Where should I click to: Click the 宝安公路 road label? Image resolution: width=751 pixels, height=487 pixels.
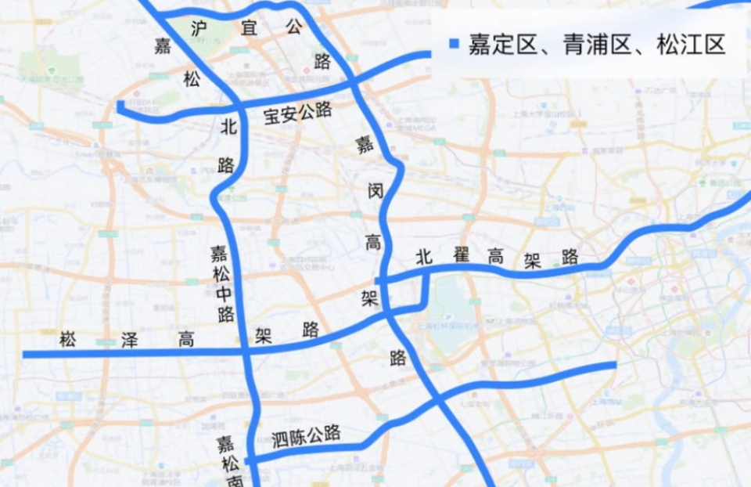tap(297, 114)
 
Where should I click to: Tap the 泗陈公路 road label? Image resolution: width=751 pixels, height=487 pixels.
tap(306, 435)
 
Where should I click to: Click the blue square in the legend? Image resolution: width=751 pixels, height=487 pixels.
tap(454, 44)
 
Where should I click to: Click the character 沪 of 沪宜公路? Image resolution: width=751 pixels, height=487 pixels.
tap(199, 27)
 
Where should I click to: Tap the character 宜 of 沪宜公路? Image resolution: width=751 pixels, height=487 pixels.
tap(249, 27)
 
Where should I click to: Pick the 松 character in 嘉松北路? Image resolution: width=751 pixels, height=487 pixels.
tap(192, 78)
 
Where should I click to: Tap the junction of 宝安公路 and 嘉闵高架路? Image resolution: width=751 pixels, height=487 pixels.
tap(354, 82)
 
